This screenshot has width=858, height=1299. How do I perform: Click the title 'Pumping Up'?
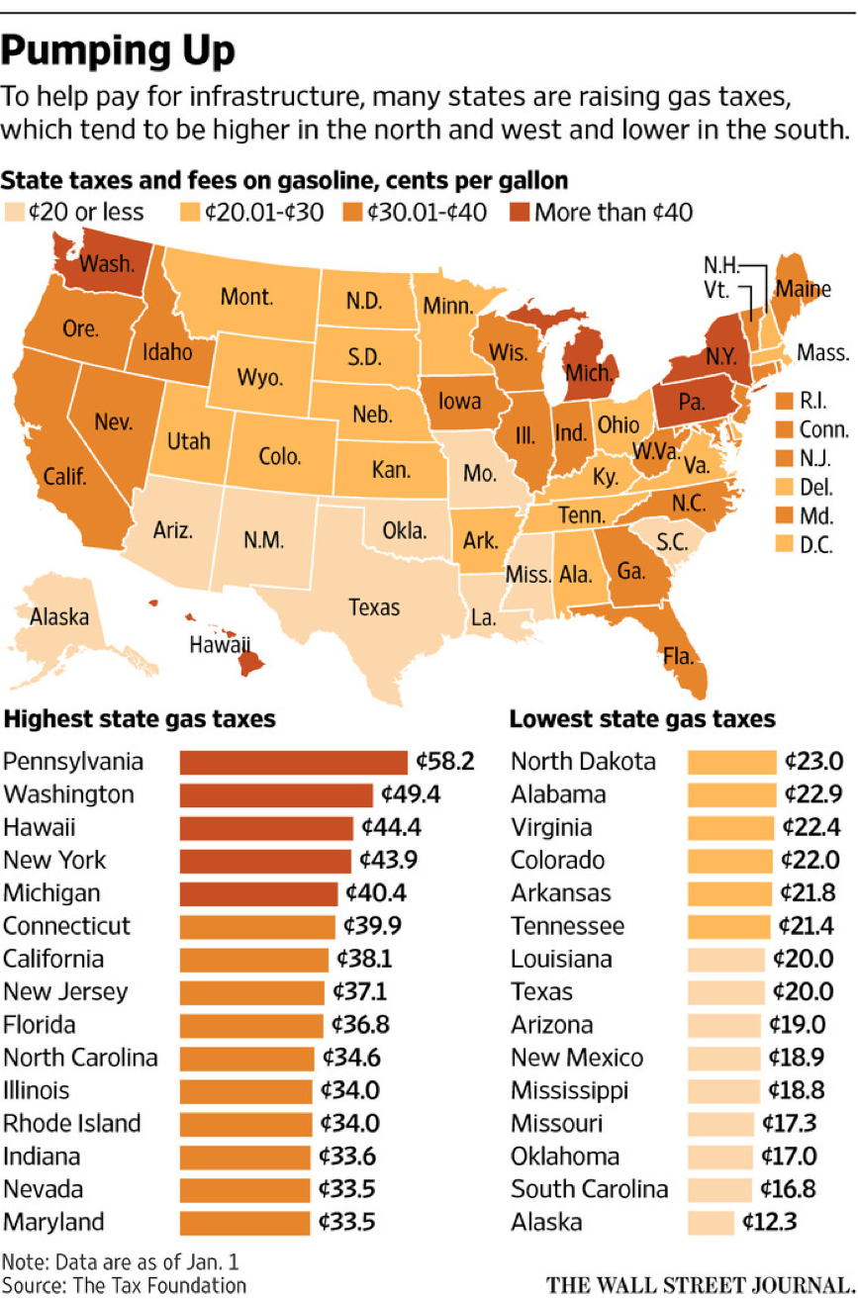tap(119, 49)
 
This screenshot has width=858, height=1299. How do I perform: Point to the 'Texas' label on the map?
tap(373, 606)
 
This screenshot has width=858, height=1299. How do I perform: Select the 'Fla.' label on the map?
tap(679, 655)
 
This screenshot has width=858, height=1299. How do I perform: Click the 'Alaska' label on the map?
tap(59, 617)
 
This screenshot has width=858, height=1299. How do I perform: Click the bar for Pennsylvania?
tap(293, 762)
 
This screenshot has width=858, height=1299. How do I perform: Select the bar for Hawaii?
tap(265, 828)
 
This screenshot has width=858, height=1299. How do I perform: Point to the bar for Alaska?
tap(711, 1222)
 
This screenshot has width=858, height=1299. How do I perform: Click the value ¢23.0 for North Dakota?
tap(813, 762)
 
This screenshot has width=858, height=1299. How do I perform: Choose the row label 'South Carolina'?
tap(589, 1189)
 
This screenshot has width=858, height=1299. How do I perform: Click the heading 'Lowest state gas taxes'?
tap(641, 718)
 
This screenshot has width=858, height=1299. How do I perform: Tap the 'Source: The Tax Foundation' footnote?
tap(124, 1285)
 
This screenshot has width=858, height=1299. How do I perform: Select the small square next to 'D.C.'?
tap(785, 543)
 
